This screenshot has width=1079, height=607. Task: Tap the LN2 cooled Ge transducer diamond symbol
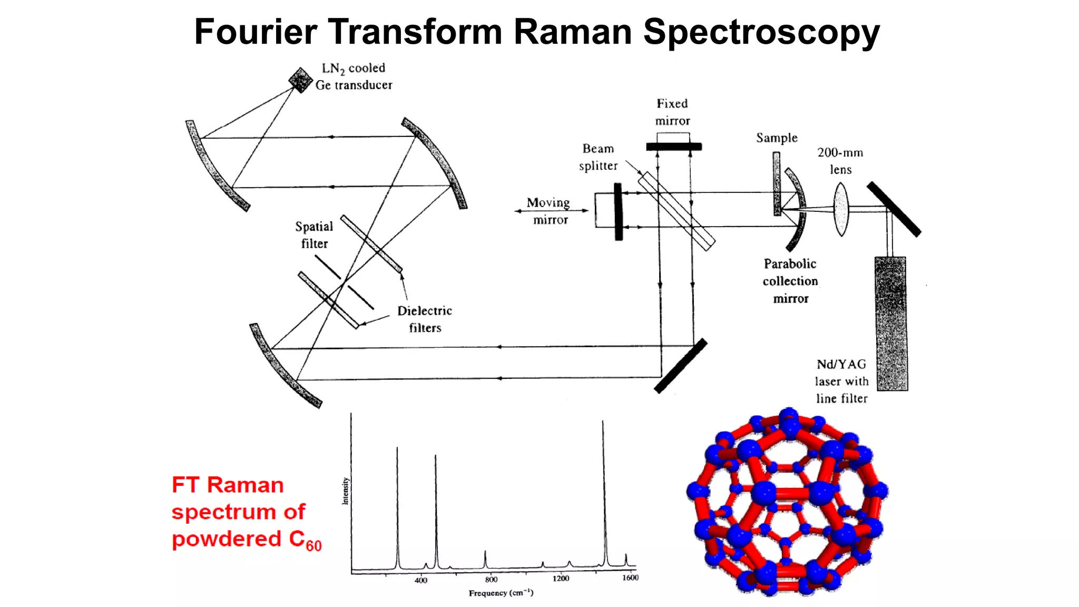click(x=300, y=80)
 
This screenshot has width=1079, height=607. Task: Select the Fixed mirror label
click(x=672, y=112)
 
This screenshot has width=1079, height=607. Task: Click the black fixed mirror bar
click(x=674, y=146)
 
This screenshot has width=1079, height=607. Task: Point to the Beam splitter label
click(x=598, y=157)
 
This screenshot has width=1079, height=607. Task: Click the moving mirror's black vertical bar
click(x=619, y=212)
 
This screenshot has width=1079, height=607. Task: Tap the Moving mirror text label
click(x=549, y=211)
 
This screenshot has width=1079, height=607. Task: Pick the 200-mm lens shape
click(x=841, y=209)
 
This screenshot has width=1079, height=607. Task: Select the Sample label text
click(x=777, y=138)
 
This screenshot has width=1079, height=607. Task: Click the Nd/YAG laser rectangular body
click(x=891, y=324)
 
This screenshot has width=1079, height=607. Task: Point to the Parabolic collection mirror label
click(x=790, y=281)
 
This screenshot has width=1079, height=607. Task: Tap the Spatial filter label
click(x=314, y=235)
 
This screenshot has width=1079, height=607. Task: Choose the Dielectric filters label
click(x=425, y=319)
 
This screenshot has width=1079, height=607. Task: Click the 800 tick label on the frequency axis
click(x=491, y=579)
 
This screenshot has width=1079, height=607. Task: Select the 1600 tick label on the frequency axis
click(x=630, y=577)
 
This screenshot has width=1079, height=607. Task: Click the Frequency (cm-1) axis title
click(x=501, y=593)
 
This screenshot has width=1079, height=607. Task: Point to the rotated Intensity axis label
click(x=346, y=491)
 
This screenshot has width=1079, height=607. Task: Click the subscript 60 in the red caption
click(x=313, y=546)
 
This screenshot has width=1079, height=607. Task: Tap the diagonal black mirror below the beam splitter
click(x=681, y=366)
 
